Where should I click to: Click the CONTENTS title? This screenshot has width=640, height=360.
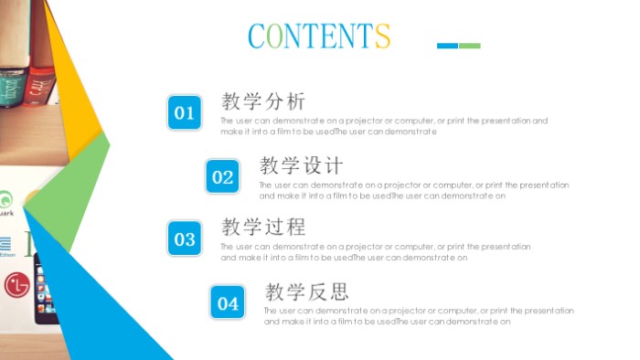(319, 35)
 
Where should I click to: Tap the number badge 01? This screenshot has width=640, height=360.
(185, 112)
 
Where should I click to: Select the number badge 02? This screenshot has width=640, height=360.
(223, 177)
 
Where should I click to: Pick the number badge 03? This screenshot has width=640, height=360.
(185, 239)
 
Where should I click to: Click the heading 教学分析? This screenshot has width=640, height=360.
(263, 101)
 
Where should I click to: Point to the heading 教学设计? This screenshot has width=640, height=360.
(302, 165)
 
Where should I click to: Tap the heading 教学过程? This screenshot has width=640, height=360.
(263, 227)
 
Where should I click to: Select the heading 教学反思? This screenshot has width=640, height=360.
(307, 291)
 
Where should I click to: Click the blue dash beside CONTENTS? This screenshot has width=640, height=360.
(447, 46)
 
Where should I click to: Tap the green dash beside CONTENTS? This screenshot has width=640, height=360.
(470, 46)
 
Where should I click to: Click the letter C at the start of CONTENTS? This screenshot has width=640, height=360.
(257, 36)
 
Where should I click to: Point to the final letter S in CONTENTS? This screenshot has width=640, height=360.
(382, 36)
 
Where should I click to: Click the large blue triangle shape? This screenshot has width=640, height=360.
(101, 302)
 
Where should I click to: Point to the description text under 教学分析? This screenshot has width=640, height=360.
(384, 126)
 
